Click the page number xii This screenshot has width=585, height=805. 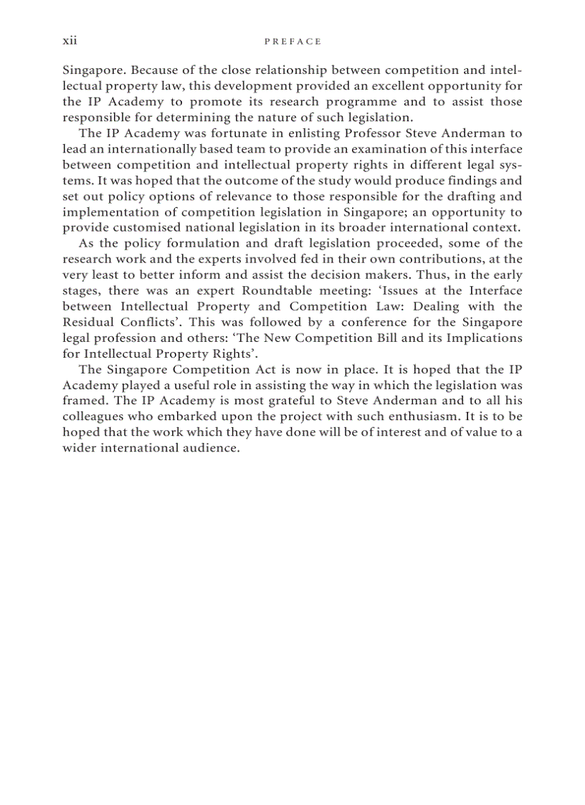[x=70, y=41]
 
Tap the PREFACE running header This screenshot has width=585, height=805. [x=292, y=42]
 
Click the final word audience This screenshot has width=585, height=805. [x=206, y=448]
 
